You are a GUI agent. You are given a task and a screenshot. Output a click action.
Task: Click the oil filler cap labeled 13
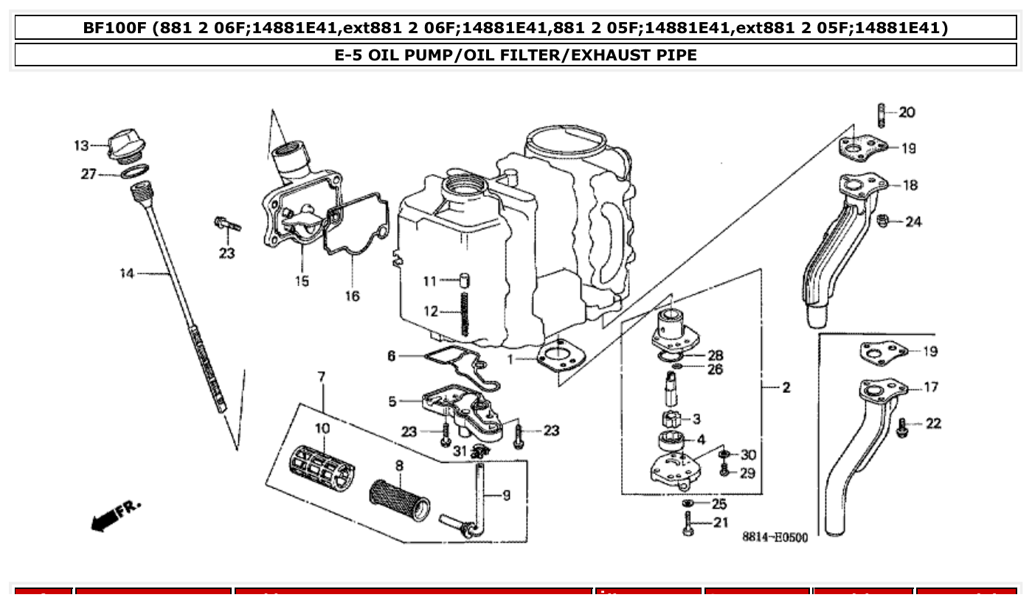coord(123,145)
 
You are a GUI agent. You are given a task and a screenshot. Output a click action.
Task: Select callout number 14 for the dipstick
coord(127,274)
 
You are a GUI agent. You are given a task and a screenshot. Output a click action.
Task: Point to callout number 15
coord(302,281)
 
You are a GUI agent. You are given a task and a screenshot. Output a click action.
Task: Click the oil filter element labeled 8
coord(400,493)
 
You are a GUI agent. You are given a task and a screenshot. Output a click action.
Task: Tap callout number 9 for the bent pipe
coord(506,496)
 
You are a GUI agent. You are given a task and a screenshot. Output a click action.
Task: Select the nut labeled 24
coord(883,221)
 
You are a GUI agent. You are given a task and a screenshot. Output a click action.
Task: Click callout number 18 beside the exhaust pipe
coord(910,186)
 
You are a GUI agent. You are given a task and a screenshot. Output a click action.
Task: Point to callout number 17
coord(931,387)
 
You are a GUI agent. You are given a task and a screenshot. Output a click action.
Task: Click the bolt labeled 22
coord(901,426)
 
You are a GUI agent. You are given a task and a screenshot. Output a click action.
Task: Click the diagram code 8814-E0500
coord(774,537)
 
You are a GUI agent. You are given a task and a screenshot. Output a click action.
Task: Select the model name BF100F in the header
coord(114,28)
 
